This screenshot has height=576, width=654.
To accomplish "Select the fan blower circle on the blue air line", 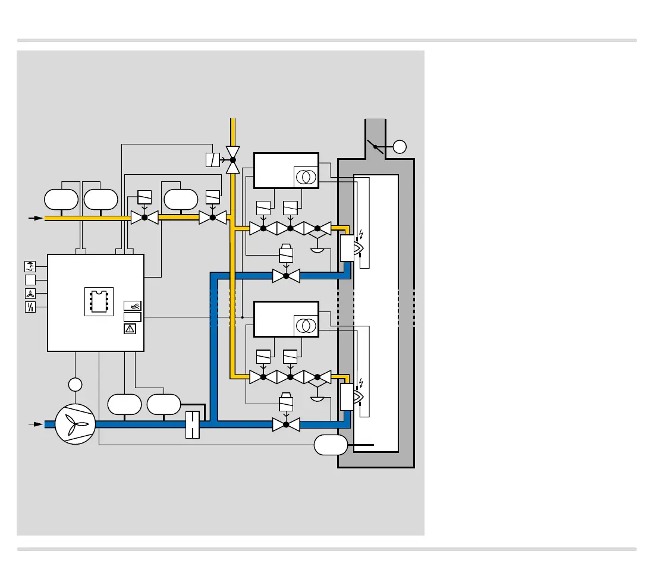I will [75, 424].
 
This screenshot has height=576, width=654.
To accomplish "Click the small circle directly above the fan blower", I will [75, 385].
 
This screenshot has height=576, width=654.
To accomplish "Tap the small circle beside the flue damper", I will [400, 146].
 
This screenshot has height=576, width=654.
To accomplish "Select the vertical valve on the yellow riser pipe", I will [233, 159].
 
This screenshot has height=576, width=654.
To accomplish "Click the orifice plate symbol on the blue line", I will [193, 424].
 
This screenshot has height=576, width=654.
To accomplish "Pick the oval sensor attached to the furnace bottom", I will [331, 445].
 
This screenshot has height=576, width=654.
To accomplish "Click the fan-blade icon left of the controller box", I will [30, 293].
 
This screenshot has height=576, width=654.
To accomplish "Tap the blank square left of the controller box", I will [30, 279].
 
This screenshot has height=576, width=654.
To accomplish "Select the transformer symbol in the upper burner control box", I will [306, 177].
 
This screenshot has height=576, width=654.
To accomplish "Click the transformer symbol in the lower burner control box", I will [306, 325].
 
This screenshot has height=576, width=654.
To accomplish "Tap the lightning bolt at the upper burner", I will [361, 232].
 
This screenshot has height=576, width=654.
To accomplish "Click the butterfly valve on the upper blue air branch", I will [286, 276].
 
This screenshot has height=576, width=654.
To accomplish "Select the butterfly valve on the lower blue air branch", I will [286, 424].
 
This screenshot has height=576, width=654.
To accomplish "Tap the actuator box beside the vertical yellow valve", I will [212, 159].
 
